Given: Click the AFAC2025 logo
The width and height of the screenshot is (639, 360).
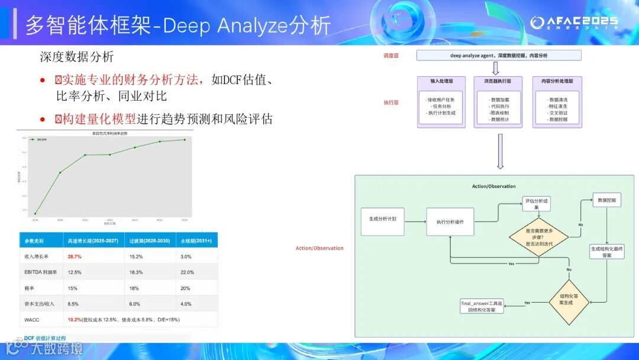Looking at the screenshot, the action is coord(573,23).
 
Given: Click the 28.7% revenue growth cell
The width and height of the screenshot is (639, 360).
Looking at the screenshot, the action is coord(75,257).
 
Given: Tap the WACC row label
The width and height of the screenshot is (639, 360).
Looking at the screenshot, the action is coord(33,320).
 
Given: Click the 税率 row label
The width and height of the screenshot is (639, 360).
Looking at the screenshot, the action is coord(30,288).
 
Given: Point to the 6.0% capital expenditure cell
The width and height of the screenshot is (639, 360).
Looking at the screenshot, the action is coord(135,304).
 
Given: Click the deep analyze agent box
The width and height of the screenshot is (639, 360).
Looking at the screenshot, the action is coord(498,56).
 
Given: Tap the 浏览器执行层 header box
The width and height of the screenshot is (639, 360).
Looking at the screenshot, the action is coord(498,81).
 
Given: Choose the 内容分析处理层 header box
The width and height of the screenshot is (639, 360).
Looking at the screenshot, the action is coord(557,81).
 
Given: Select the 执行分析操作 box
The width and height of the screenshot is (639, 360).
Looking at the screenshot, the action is coord(450,222).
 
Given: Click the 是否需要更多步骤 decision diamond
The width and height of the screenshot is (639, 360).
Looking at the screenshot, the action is coord(539,237).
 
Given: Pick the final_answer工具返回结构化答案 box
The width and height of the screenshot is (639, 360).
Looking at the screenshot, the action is coord(482,306).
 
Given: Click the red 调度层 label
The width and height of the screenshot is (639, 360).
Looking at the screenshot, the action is coord(390,55).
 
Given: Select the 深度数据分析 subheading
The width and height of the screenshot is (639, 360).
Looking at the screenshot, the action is coord(76,57).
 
